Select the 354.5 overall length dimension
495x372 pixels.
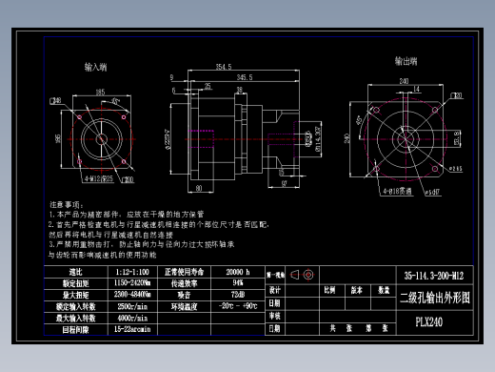224,68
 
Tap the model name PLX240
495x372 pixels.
428,321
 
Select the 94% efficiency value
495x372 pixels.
237,283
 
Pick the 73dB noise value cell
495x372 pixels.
237,295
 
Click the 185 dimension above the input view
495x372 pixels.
100,93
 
